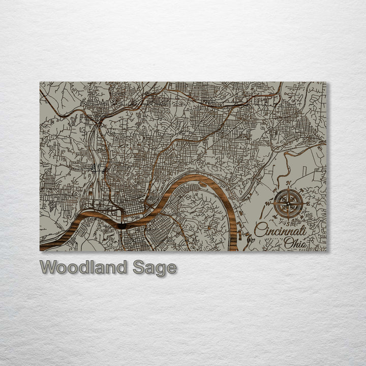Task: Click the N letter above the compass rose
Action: pyautogui.click(x=288, y=184)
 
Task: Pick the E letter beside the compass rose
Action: pyautogui.click(x=308, y=203)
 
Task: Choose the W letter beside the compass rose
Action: pyautogui.click(x=269, y=203)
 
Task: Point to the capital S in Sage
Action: pyautogui.click(x=138, y=267)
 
